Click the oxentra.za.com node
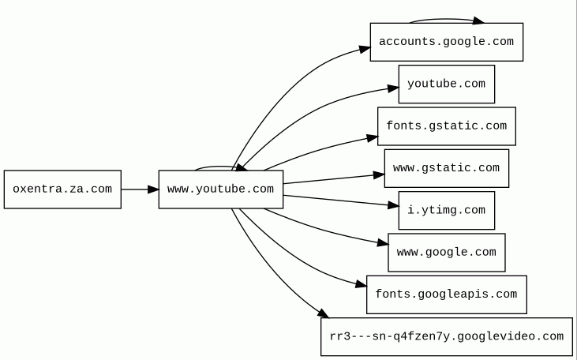point(62,189)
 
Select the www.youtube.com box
point(220,189)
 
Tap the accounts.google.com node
point(446,42)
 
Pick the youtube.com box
point(446,84)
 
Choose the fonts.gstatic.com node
point(446,126)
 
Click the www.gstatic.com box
point(446,168)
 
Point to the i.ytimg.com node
point(446,210)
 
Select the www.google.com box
point(446,253)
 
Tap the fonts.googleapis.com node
point(446,294)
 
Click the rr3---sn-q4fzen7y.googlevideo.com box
point(446,336)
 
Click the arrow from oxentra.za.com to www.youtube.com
point(140,189)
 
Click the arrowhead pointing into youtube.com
point(392,88)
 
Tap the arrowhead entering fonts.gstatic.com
point(372,138)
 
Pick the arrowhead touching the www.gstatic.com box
point(379,174)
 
